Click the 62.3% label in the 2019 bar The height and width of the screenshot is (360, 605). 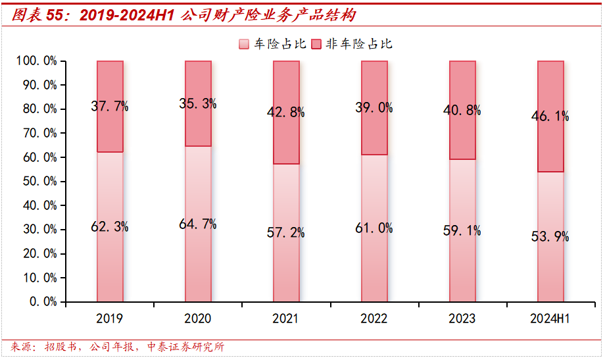pos(110,227)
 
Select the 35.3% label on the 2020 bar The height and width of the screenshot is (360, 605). pos(197,103)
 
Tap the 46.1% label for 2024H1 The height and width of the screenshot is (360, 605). pos(550,116)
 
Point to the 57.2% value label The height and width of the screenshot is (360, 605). pos(285,231)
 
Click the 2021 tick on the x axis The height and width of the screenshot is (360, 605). pos(285,319)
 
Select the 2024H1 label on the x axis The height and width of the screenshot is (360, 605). pos(550,319)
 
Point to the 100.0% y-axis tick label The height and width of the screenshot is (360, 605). pos(37,61)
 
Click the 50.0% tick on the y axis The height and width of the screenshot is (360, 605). pos(39,182)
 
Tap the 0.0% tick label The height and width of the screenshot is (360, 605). pos(43,301)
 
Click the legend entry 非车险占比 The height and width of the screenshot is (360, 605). pos(351,44)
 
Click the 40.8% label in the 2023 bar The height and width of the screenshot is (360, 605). pos(462,111)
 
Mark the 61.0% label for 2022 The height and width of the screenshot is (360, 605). pos(374,228)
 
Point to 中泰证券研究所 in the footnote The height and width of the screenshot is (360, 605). pos(185,347)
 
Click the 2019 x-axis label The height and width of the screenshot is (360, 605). pos(109,319)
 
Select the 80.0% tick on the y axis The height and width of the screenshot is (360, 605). pos(39,109)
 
